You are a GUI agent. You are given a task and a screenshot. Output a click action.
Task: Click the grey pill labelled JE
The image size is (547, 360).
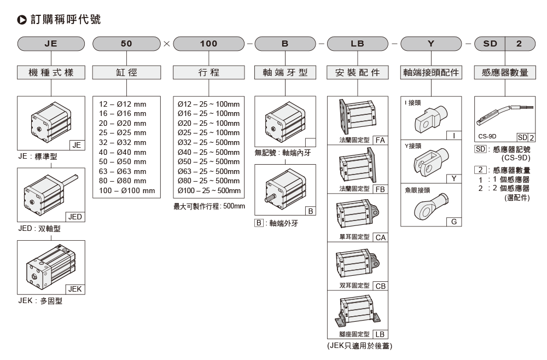[x=51, y=44]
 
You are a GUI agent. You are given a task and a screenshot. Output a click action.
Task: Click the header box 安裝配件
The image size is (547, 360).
[x=358, y=72]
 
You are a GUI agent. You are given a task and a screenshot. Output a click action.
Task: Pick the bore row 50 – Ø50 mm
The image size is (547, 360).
[x=123, y=162]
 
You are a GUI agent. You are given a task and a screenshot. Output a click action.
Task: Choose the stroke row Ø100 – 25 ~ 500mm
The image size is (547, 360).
[x=210, y=190]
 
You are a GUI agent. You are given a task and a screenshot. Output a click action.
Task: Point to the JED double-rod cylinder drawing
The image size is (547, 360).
[x=48, y=192]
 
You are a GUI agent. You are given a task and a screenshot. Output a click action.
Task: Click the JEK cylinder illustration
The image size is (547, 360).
[x=48, y=266]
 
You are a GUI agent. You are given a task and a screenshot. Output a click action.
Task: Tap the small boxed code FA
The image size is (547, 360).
[x=380, y=141]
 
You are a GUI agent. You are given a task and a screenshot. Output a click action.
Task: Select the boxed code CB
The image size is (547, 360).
[x=380, y=286]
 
